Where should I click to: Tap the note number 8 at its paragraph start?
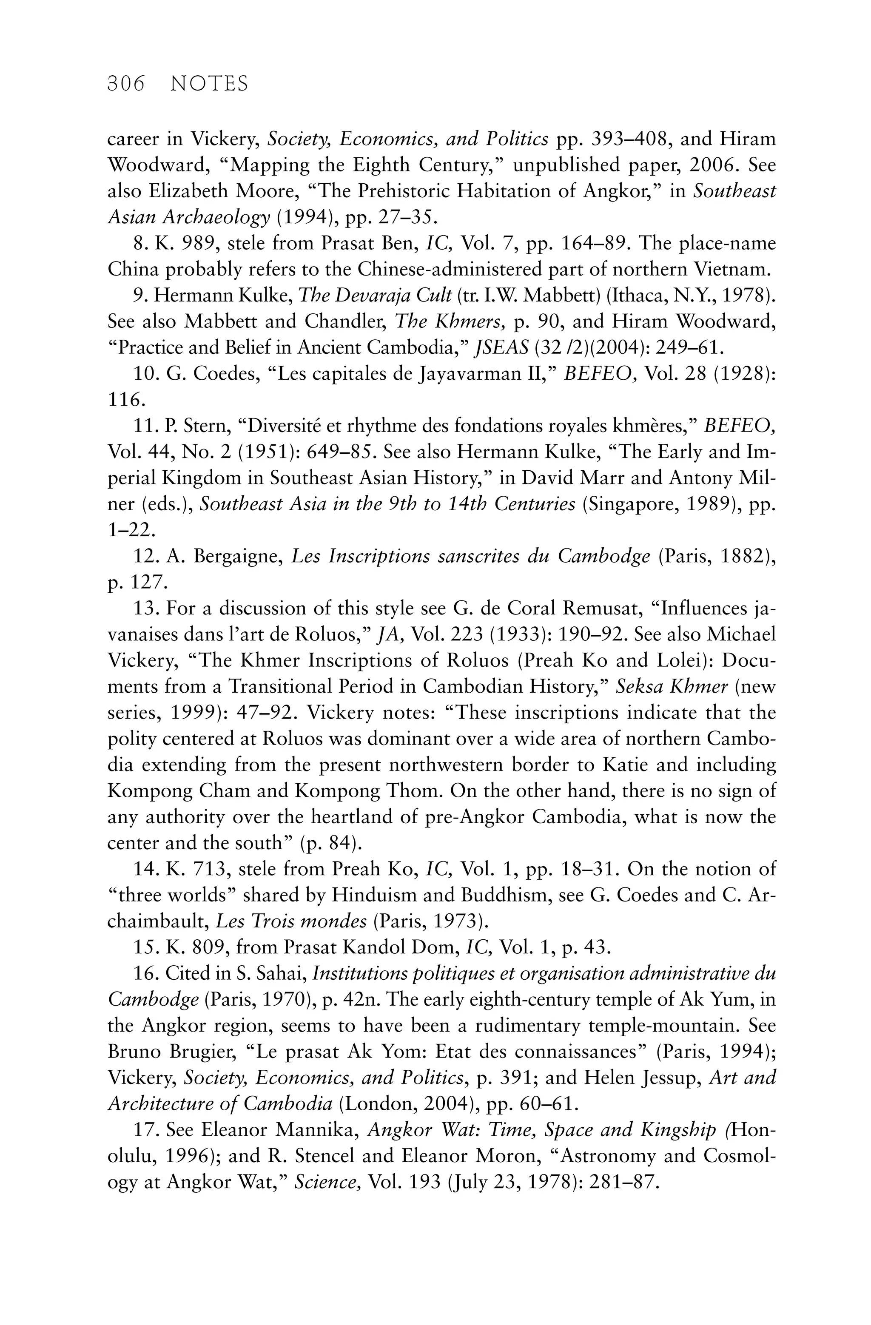tap(139, 243)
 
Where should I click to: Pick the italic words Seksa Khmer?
tap(672, 686)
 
